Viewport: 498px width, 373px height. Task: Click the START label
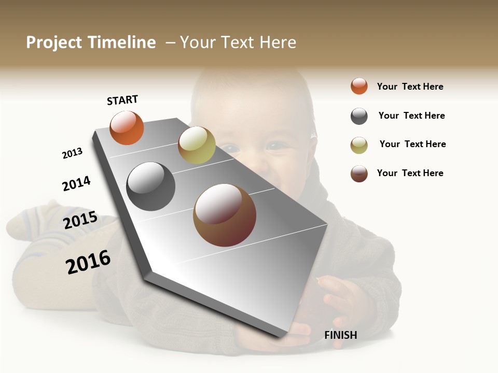[122, 100]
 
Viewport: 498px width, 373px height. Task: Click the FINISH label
[341, 335]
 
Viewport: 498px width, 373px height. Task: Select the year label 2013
[72, 153]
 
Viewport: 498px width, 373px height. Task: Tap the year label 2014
[76, 184]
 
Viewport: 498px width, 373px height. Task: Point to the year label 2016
[88, 262]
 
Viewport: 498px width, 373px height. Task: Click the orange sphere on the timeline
[127, 128]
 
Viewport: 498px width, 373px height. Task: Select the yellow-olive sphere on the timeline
[197, 145]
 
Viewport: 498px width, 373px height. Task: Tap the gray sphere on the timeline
[151, 187]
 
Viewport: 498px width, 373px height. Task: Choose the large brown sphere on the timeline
[225, 215]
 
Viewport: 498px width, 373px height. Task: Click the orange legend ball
[359, 86]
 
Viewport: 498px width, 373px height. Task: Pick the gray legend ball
[359, 116]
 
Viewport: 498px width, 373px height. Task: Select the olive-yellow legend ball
[359, 145]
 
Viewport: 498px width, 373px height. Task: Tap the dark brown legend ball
[359, 174]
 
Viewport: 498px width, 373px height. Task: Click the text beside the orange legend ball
[410, 87]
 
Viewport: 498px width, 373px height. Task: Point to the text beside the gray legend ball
[411, 116]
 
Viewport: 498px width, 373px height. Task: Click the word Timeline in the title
[121, 42]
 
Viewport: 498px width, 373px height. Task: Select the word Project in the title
[54, 42]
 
